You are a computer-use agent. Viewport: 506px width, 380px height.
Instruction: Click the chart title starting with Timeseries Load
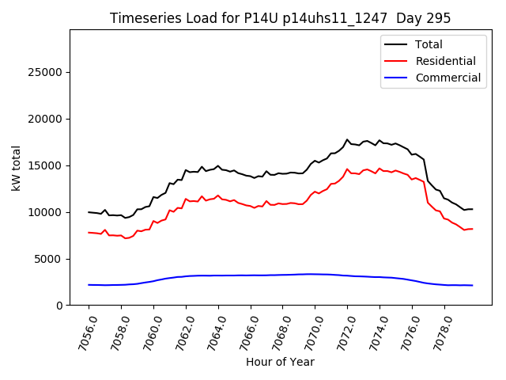(x=280, y=18)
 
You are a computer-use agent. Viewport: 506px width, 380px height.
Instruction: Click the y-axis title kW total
(x=16, y=167)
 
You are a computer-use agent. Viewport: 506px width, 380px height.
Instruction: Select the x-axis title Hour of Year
(x=280, y=362)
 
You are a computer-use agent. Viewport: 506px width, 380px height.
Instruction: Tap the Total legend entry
(x=429, y=44)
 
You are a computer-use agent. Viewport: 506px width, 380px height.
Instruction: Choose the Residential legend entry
(x=445, y=61)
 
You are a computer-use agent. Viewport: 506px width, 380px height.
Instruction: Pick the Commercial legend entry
(x=447, y=78)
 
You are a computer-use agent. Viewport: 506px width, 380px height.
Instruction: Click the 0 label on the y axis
(x=59, y=306)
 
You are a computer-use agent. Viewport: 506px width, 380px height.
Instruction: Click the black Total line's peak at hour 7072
(x=347, y=139)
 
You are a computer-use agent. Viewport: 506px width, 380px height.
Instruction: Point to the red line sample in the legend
(x=395, y=61)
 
